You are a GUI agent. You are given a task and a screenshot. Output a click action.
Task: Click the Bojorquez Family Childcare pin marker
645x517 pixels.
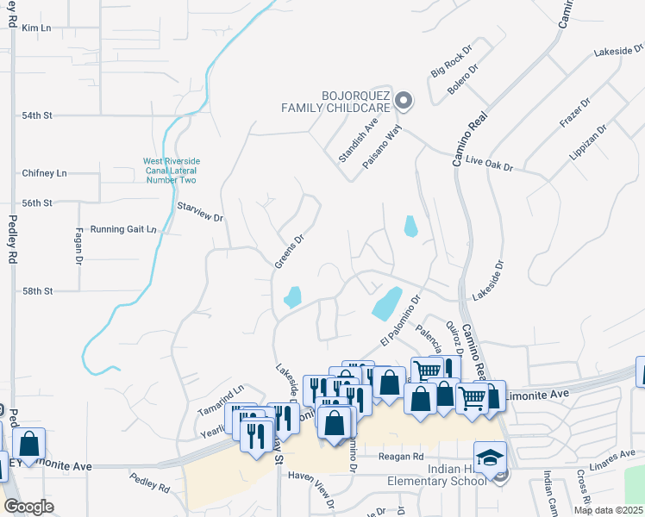[404, 102]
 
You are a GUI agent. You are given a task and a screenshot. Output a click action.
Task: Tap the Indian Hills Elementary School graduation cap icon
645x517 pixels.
[490, 458]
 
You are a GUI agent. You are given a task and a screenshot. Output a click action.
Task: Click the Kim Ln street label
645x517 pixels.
[37, 28]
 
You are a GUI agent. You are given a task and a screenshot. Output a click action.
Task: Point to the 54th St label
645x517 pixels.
[37, 115]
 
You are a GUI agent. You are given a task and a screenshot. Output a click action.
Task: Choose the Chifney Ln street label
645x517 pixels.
[44, 173]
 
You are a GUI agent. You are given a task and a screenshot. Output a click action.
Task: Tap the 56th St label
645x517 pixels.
[37, 202]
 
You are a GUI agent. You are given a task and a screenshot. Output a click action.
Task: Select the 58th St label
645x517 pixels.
[37, 291]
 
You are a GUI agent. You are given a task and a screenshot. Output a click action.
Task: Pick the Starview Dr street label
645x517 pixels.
[200, 212]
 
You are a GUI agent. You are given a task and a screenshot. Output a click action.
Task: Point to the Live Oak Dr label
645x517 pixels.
[489, 162]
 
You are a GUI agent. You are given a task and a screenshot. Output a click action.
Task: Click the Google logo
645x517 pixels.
[28, 507]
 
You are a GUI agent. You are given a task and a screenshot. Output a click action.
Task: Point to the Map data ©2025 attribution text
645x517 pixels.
[608, 510]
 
